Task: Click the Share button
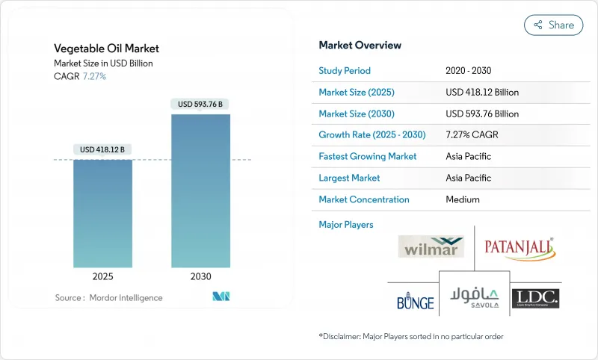click(x=554, y=25)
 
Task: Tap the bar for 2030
click(x=201, y=190)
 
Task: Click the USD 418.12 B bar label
click(x=103, y=149)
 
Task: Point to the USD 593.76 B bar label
click(x=201, y=104)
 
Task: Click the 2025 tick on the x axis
click(x=103, y=276)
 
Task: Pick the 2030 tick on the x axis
click(x=201, y=276)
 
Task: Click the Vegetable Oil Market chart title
click(x=106, y=49)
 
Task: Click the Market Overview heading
click(x=360, y=45)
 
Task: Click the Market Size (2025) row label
click(x=357, y=93)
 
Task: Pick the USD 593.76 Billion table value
click(x=482, y=114)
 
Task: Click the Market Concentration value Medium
click(x=463, y=199)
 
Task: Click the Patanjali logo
click(x=519, y=246)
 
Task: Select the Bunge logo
click(x=416, y=300)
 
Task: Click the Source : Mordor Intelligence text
click(x=108, y=298)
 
